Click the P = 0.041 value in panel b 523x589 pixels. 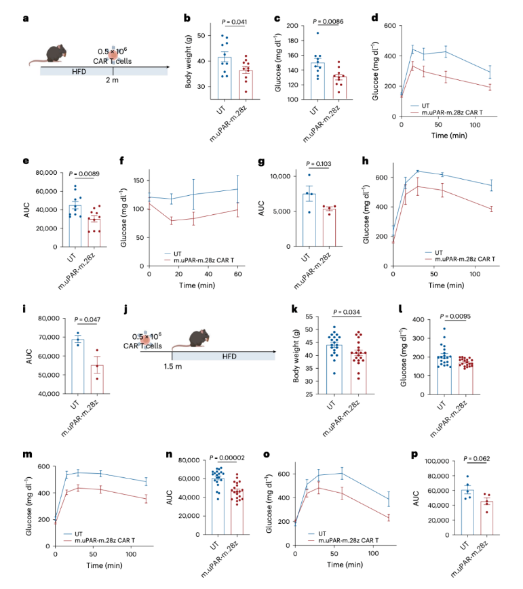pos(231,23)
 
